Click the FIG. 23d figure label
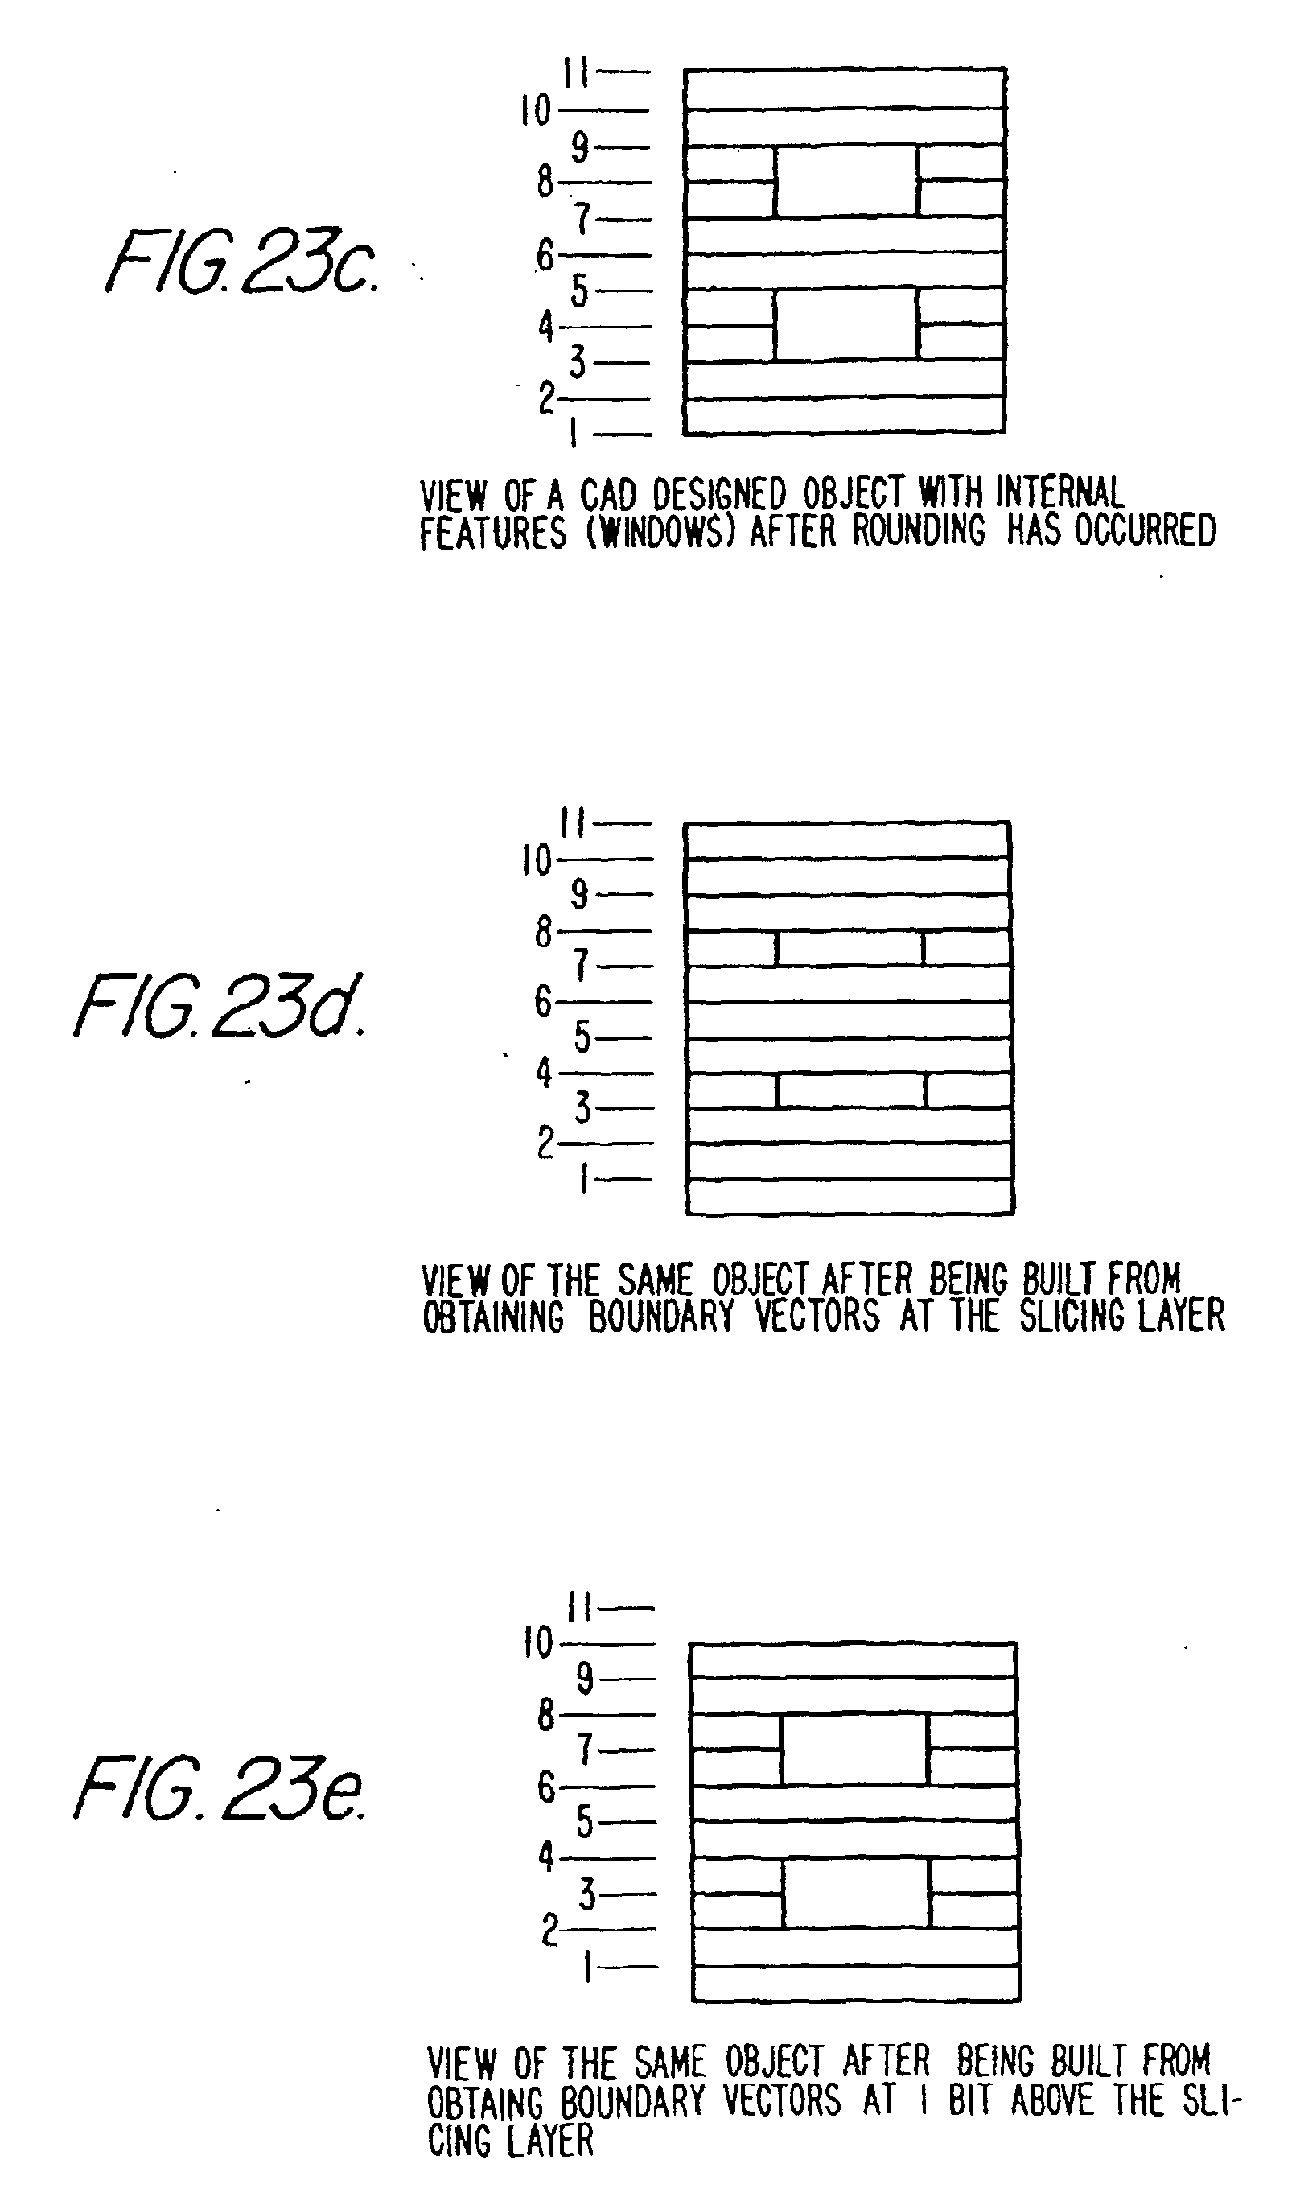219,1006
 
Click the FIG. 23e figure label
219,1789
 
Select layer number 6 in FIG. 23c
545,255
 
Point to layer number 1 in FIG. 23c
574,432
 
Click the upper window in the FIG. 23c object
846,181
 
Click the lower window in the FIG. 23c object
846,325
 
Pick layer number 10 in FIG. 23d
536,859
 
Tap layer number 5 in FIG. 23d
582,1037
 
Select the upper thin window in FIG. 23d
850,949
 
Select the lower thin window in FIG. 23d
850,1091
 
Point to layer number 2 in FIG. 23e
549,1928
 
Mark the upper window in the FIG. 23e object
854,1750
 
